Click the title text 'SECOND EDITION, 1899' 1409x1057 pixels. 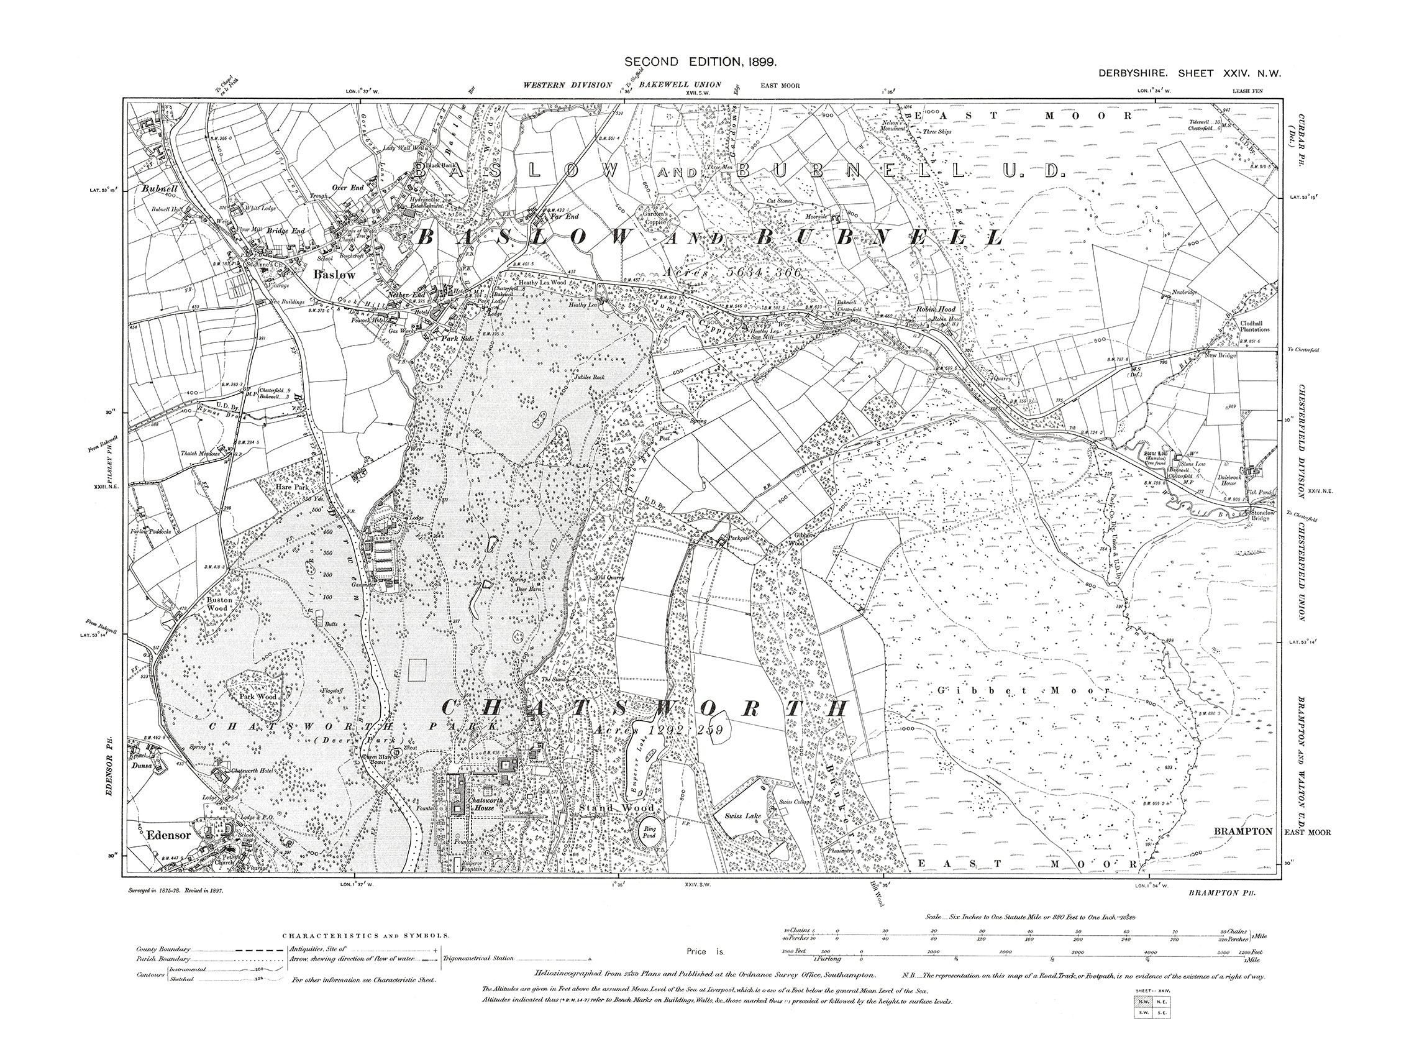pyautogui.click(x=700, y=62)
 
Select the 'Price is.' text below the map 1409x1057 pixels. pyautogui.click(x=706, y=952)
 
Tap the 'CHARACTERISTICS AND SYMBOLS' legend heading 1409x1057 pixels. pyautogui.click(x=366, y=936)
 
